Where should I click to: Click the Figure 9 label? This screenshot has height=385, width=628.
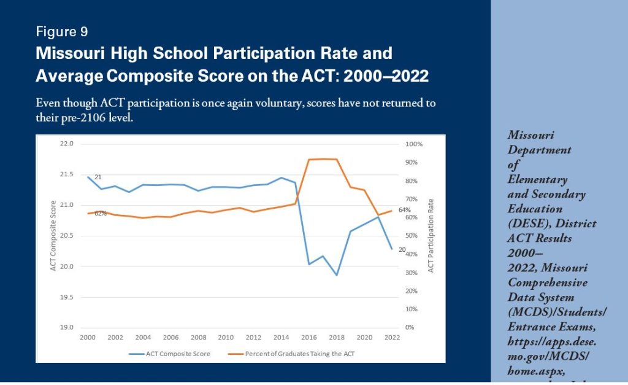[x=61, y=31]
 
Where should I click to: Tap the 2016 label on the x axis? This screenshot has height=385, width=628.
[x=308, y=337]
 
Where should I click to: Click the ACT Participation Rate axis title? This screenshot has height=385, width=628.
[x=431, y=236]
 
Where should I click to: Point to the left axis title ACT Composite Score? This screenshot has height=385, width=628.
[x=53, y=236]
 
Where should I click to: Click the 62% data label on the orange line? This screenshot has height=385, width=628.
[x=101, y=214]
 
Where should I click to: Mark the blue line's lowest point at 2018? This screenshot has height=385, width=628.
[x=337, y=275]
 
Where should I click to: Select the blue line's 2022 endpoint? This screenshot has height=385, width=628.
[x=391, y=249]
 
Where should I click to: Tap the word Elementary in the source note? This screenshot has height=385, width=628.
[x=537, y=180]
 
